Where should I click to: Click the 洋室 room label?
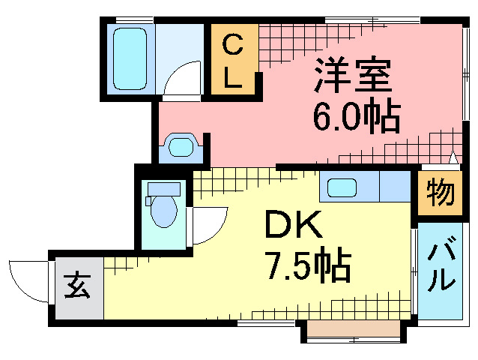tap(353, 76)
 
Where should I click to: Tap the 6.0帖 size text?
tap(355, 116)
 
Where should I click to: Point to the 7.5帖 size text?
tap(307, 264)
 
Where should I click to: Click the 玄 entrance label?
tap(76, 286)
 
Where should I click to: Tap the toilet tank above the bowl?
tap(163, 188)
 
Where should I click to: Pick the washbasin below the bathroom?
tap(180, 146)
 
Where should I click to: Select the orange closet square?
tap(233, 60)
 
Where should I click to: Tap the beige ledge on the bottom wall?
tap(352, 330)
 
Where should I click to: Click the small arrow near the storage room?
tap(453, 157)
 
